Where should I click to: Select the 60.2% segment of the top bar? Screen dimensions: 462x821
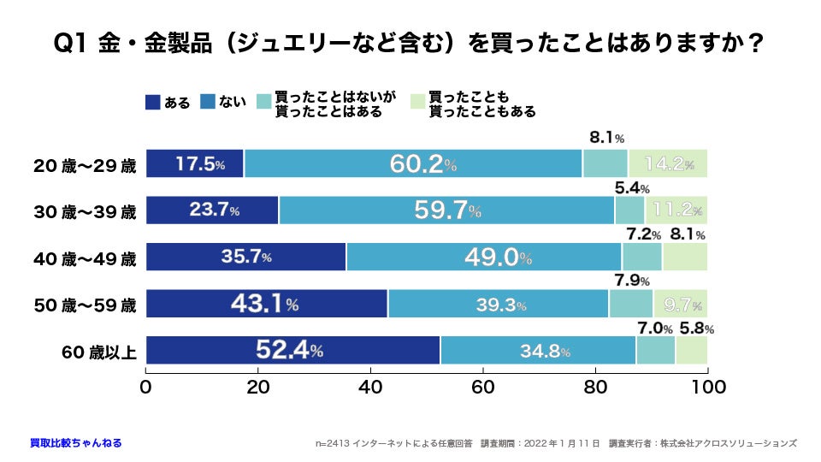point(422,163)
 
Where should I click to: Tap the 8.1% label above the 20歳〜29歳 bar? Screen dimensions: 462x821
point(606,137)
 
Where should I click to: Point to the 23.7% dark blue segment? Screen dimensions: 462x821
point(212,210)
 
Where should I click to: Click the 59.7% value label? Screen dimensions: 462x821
point(447,210)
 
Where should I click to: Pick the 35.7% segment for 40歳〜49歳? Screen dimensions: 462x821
point(246,258)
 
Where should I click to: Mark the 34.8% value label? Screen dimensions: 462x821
point(543,351)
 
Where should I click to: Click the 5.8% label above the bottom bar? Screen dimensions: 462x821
point(697,329)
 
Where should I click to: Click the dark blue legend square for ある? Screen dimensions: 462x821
point(153,103)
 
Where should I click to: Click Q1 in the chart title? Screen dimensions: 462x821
point(70,43)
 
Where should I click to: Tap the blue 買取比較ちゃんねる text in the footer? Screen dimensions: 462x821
point(75,443)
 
